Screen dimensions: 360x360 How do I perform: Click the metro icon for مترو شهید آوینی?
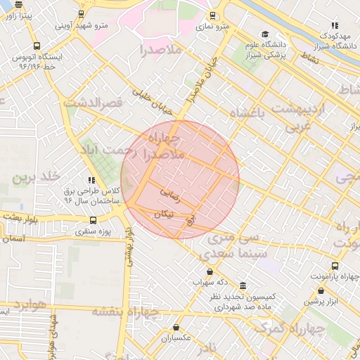coord(82,13)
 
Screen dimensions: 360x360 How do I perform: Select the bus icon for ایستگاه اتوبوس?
coord(17,46)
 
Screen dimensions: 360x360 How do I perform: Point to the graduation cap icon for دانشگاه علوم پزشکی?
coord(264,34)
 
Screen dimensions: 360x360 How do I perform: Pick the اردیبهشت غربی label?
coord(300,117)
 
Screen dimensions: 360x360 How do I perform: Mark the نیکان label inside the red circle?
coord(160,212)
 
